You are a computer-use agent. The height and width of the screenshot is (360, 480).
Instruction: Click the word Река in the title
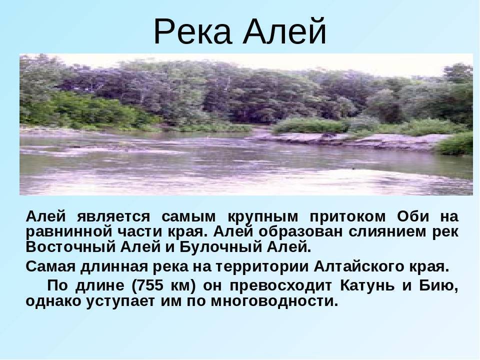coord(192,32)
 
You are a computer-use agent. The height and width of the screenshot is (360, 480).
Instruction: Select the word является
coord(113,216)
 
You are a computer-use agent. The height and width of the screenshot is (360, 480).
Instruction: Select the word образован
coord(300,232)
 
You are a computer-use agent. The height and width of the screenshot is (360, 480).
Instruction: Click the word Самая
coord(50,266)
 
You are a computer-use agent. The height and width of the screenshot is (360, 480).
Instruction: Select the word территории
coord(262,267)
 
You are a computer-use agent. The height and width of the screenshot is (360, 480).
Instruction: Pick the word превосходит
coord(280,286)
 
